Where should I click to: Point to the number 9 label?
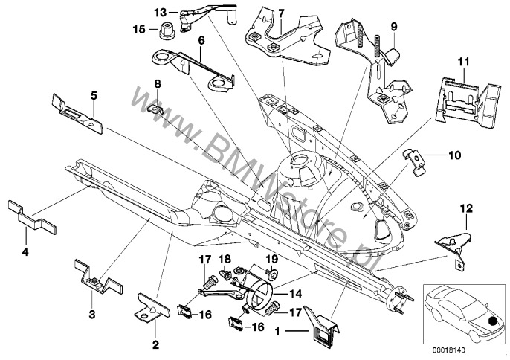point(394,26)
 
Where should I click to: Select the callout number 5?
point(94,94)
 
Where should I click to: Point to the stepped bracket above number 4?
point(29,215)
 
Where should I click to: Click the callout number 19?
point(271,258)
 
